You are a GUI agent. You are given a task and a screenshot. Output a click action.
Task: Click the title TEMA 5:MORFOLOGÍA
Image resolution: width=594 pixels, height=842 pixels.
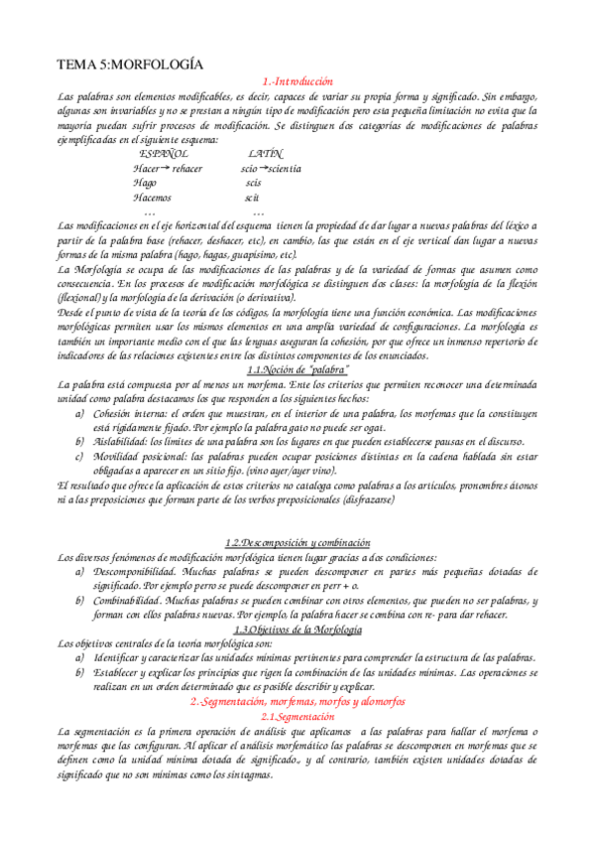[131, 65]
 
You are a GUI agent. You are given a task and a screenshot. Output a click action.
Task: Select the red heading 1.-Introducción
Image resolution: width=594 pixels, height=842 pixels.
[297, 81]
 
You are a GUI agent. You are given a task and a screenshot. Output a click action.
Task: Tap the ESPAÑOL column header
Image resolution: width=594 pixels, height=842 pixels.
[164, 155]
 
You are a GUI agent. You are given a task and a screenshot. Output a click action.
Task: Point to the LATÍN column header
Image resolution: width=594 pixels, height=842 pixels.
[266, 155]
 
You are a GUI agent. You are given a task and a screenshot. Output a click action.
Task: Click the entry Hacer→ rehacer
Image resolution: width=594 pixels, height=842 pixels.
[168, 170]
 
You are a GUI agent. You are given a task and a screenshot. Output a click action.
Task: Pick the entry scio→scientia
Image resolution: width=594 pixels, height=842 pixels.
[272, 170]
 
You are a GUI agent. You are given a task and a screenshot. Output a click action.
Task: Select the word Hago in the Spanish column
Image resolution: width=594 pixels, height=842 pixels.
[145, 184]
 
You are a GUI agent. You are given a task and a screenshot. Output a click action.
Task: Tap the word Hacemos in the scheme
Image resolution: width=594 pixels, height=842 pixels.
[152, 198]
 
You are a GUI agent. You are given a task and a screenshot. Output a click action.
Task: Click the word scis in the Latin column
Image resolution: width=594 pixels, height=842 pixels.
[253, 184]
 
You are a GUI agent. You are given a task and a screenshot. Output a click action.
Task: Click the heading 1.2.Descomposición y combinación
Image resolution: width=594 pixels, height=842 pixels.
[297, 543]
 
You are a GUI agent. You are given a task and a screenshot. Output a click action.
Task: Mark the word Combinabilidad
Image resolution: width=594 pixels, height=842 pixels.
[130, 601]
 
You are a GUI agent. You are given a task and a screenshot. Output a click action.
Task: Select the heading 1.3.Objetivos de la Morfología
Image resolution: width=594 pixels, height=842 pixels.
[297, 630]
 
